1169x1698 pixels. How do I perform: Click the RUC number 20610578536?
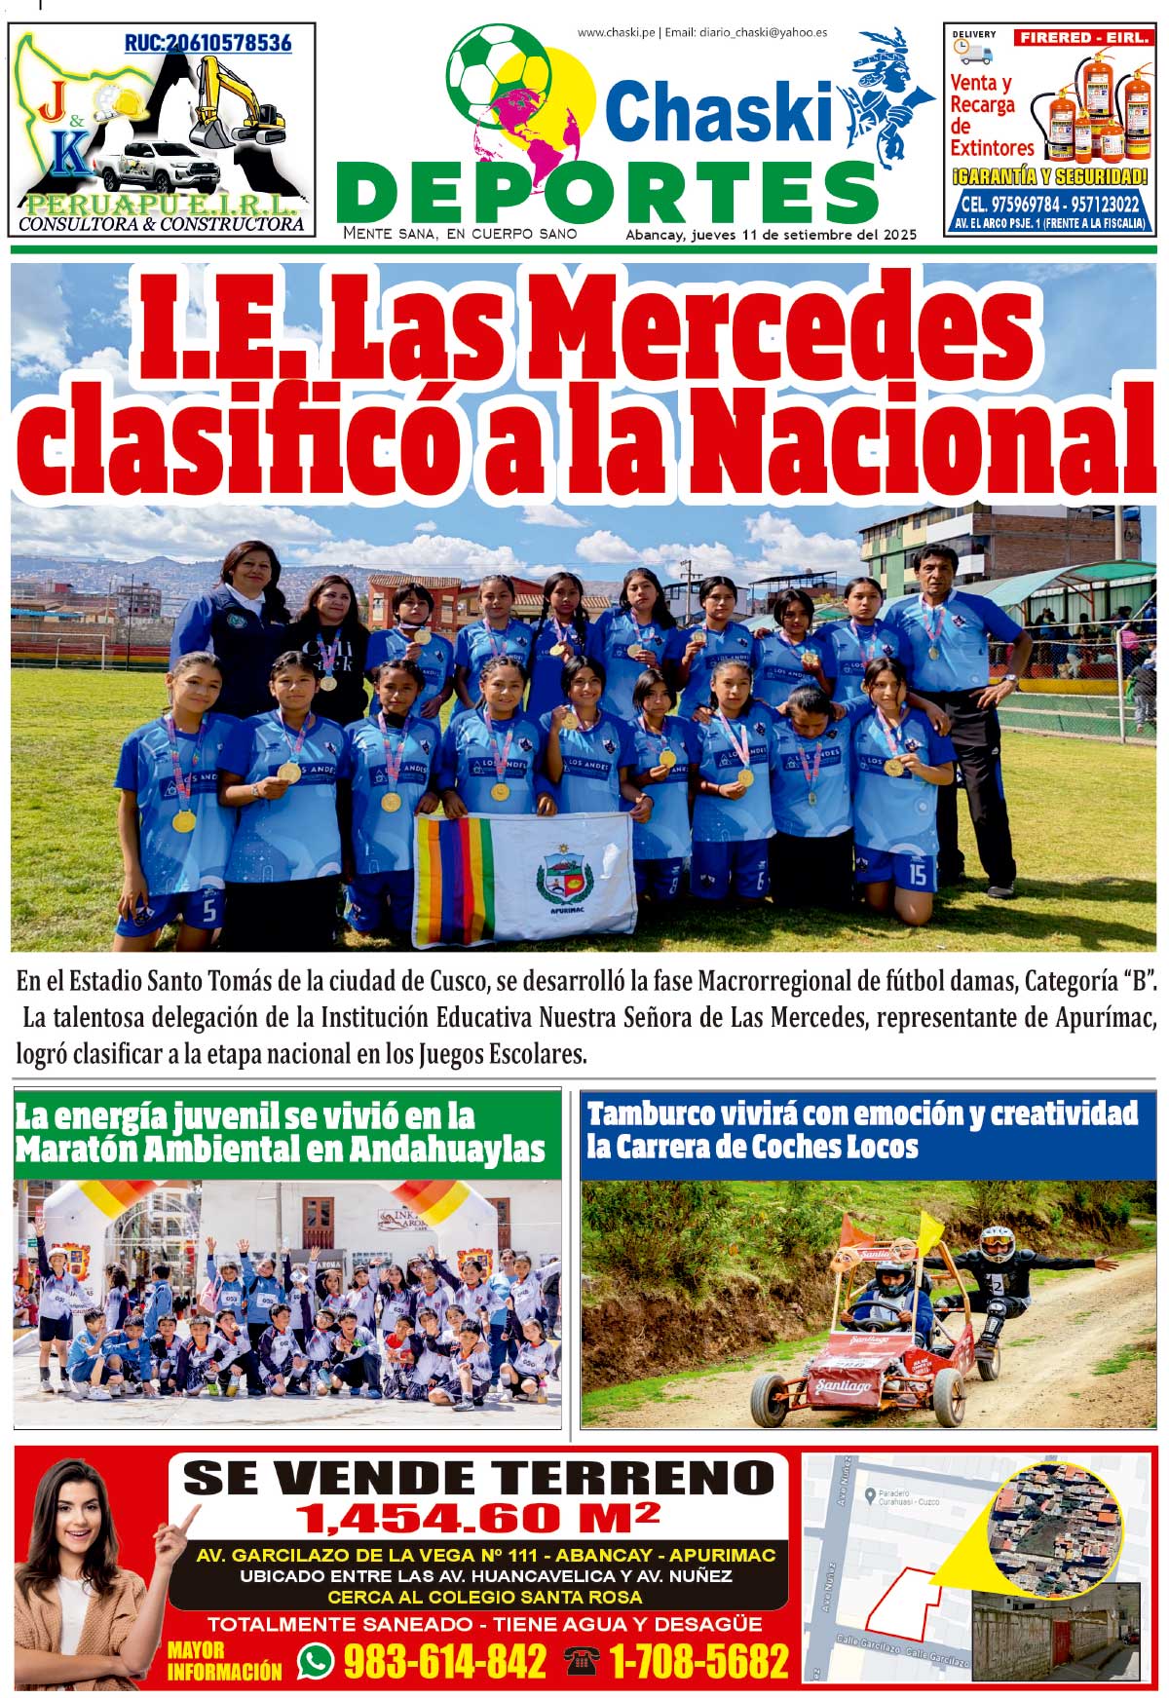point(207,43)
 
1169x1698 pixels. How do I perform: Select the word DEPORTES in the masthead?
point(612,193)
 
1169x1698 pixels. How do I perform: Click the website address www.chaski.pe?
point(616,32)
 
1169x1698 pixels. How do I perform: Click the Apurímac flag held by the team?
point(526,877)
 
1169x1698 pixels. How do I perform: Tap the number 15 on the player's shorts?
point(917,874)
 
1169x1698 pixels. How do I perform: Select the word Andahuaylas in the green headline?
point(446,1150)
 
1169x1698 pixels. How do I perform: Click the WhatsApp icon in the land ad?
point(316,1660)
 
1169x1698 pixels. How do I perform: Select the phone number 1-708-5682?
point(698,1660)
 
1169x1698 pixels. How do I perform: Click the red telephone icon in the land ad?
point(582,1660)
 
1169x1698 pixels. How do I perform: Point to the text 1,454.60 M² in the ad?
point(477,1517)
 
